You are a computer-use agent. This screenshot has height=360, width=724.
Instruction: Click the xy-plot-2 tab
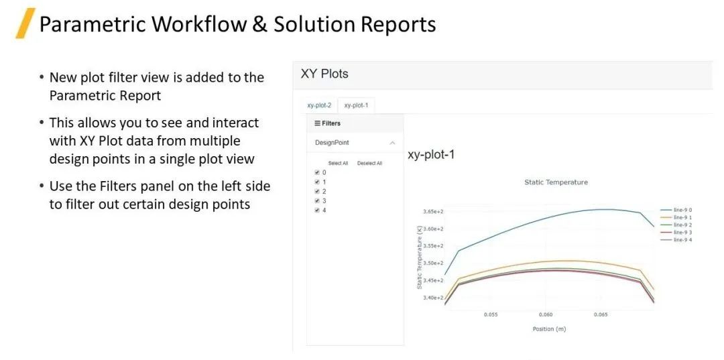[x=319, y=106]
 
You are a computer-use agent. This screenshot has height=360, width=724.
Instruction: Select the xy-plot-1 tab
[x=356, y=106]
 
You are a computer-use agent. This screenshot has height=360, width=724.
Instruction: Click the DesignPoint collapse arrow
[x=392, y=143]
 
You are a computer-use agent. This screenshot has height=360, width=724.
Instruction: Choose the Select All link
[x=338, y=163]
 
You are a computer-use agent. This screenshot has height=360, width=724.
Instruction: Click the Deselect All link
[x=369, y=163]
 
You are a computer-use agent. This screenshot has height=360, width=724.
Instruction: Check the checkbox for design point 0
[x=316, y=172]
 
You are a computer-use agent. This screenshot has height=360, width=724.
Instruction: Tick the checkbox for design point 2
[x=316, y=191]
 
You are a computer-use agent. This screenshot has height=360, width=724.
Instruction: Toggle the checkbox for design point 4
[x=316, y=210]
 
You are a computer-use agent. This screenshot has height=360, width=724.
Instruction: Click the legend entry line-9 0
[x=676, y=210]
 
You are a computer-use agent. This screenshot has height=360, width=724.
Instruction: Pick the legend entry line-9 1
[x=676, y=217]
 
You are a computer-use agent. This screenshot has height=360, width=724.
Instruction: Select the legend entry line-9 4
[x=676, y=239]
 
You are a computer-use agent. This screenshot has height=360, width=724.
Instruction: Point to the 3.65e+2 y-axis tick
[x=433, y=211]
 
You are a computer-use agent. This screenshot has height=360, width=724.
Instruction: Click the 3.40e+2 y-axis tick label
[x=433, y=298]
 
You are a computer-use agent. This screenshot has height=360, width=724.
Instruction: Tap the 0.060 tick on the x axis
[x=545, y=315]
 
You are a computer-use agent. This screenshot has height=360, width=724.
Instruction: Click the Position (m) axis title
[x=549, y=329]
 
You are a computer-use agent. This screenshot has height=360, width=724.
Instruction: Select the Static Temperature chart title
[x=556, y=182]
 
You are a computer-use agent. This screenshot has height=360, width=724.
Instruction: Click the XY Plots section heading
[x=324, y=74]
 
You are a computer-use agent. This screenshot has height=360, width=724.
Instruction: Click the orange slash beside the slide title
[x=25, y=23]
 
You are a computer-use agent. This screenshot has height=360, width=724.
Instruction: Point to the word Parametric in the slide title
[x=91, y=24]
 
